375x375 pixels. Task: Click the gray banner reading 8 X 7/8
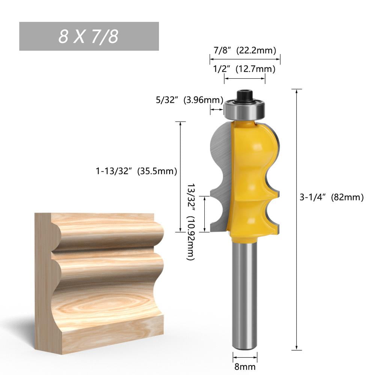coord(89,36)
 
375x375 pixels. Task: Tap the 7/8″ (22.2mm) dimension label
coord(244,50)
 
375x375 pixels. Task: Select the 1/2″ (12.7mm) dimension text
coord(244,69)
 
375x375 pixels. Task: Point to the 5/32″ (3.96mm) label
coord(189,100)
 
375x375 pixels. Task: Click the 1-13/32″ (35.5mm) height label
coord(136,171)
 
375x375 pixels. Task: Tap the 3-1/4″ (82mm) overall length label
coord(331,198)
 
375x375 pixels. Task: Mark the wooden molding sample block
coord(99,281)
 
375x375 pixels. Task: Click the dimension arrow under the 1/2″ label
coord(244,78)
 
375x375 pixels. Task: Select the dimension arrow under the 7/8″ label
coord(245,59)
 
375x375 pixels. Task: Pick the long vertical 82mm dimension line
coord(297,219)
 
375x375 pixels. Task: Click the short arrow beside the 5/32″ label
coord(216,109)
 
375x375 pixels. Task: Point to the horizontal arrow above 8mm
coord(245,357)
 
